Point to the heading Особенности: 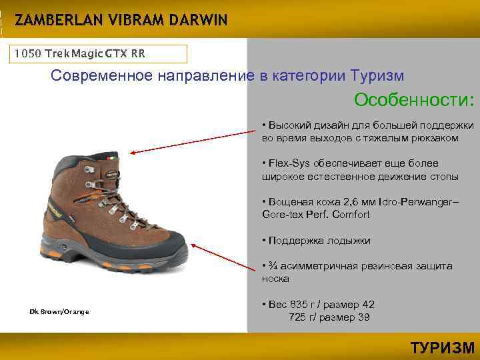click(x=414, y=100)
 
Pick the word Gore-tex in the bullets click(x=282, y=214)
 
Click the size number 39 click(x=363, y=317)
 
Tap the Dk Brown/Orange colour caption click(x=59, y=312)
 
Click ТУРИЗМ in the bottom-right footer click(x=441, y=347)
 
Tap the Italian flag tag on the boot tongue click(x=110, y=159)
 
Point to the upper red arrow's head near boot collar click(x=133, y=152)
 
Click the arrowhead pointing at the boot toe click(x=195, y=245)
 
